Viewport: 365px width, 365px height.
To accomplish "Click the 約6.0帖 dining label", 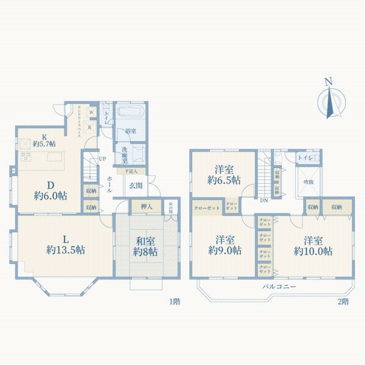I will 50,190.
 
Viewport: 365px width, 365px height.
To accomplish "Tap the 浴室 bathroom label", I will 130,130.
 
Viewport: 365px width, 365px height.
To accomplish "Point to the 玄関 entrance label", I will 135,185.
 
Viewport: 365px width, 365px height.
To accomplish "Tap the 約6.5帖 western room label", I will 223,175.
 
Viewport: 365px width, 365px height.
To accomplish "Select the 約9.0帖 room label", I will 224,245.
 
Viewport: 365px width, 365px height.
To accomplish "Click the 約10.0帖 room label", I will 313,245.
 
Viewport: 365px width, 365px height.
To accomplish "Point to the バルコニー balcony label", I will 279,286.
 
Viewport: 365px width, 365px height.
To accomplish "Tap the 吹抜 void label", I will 308,182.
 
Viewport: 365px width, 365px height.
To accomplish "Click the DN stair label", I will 263,200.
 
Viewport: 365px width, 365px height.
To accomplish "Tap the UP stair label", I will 102,159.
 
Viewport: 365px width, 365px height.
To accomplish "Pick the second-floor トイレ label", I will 304,158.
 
